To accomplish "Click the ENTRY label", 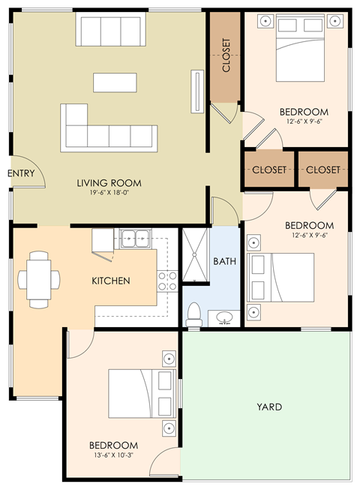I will pos(21,173).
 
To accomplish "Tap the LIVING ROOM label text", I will pos(109,183).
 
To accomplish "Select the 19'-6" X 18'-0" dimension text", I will pos(109,194).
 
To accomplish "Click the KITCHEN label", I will pos(111,281).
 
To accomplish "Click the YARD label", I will pos(269,407).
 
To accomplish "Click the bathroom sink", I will pos(223,318).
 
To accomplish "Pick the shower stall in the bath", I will pos(195,255).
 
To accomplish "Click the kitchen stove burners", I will pos(167,281).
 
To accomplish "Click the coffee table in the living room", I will pos(115,80).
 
